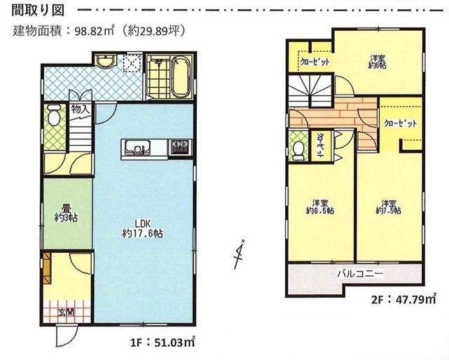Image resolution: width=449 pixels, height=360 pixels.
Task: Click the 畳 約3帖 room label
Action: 65,213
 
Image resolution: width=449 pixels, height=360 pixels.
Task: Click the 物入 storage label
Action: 80,109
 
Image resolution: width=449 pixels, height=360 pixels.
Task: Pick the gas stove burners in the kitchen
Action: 180,147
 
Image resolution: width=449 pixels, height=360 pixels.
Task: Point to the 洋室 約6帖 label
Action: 381,62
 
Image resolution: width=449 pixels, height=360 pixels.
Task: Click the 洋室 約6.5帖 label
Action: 321,205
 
